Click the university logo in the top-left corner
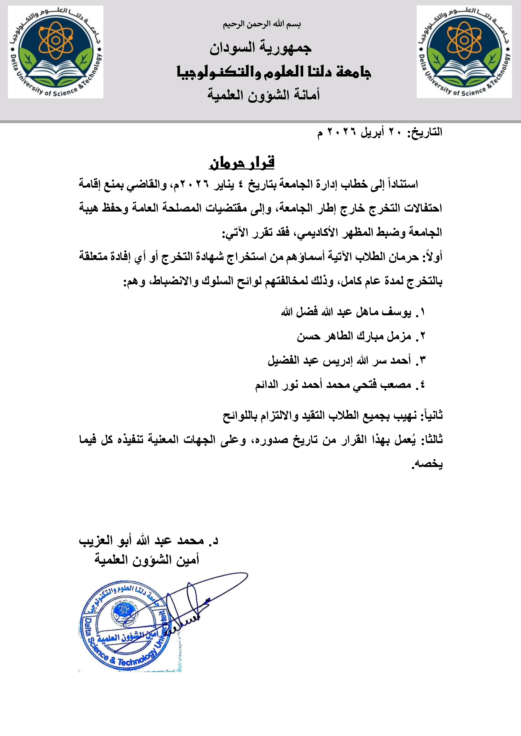55,52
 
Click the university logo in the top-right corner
464,52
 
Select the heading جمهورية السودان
260,48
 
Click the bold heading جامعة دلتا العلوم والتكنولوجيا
274,72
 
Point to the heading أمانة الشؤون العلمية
263,95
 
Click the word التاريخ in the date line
427,132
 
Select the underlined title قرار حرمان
242,163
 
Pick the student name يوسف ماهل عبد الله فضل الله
346,312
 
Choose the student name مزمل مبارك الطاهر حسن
354,336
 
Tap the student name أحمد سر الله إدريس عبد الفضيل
339,361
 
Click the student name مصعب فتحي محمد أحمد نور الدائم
333,385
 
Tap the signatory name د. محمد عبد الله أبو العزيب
148,541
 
